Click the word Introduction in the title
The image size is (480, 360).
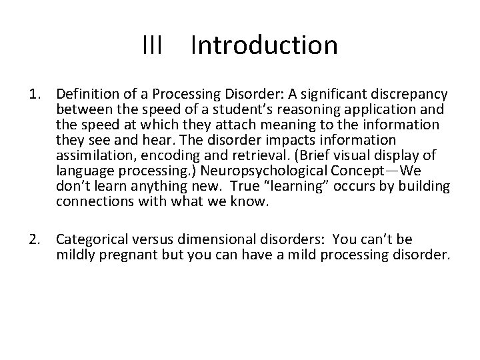(x=264, y=46)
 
